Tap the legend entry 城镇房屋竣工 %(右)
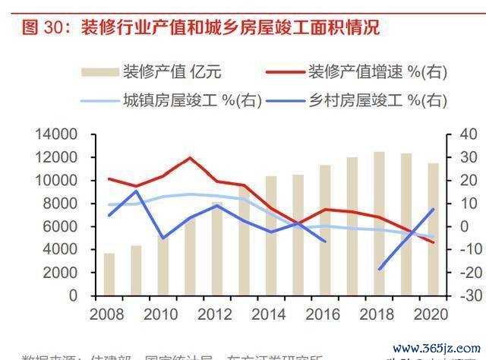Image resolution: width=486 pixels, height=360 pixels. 193,99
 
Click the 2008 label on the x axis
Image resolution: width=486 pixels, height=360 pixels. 109,313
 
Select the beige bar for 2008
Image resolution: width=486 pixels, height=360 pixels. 109,274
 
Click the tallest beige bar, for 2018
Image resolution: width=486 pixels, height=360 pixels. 379,223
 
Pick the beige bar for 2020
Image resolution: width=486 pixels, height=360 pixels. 433,229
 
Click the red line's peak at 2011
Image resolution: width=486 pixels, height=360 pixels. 190,158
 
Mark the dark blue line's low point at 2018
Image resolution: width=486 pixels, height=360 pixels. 379,269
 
